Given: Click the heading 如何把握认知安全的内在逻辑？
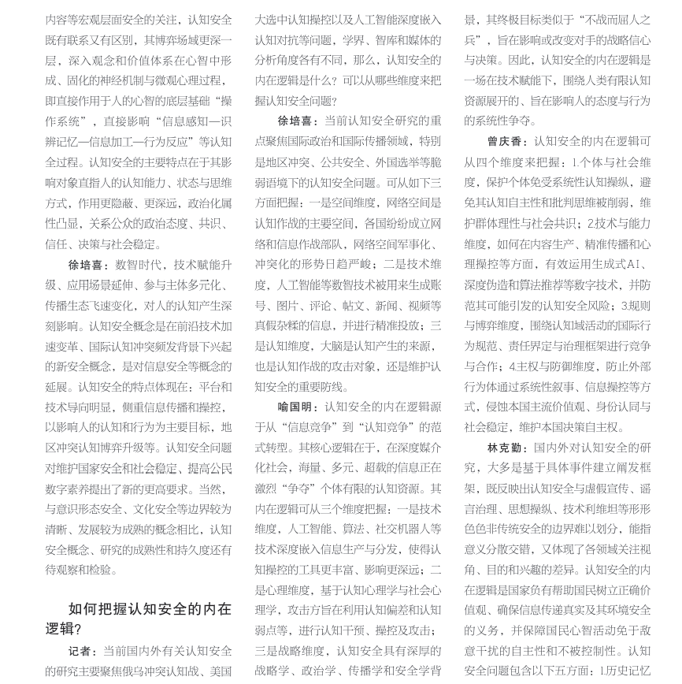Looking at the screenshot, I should point(139,619).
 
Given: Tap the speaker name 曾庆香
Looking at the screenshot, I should point(507,142).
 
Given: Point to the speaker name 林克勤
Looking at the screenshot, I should point(507,448).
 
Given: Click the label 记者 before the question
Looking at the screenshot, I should point(83,651).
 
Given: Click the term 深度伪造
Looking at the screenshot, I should point(486,284).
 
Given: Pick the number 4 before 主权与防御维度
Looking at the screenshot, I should point(513,366).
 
